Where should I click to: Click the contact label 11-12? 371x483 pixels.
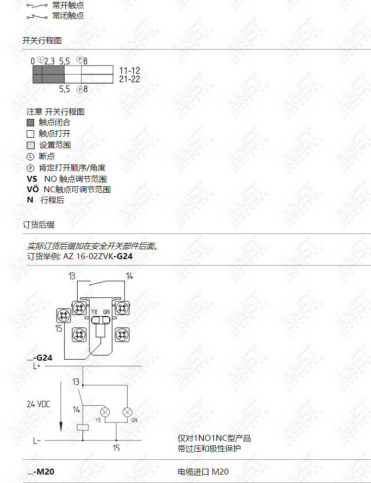[x=130, y=70]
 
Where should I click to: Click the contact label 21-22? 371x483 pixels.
[x=130, y=79]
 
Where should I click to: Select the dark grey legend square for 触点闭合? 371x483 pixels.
[x=31, y=122]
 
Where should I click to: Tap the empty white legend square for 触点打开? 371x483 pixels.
[x=31, y=134]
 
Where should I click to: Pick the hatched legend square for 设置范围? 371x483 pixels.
[x=31, y=145]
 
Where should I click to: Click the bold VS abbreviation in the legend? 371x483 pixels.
[x=32, y=179]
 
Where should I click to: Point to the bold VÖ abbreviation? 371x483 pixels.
[x=33, y=189]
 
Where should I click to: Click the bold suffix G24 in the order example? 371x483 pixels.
[x=125, y=256]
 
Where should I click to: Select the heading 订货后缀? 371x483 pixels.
[x=39, y=224]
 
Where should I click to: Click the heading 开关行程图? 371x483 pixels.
[x=42, y=40]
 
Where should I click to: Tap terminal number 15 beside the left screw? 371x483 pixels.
[x=59, y=328]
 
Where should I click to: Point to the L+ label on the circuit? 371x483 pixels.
[x=37, y=366]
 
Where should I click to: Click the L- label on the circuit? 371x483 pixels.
[x=37, y=441]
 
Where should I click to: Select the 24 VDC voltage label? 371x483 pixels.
[x=39, y=404]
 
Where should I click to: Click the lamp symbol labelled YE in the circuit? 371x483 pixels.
[x=105, y=412]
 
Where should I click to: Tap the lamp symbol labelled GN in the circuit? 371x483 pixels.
[x=127, y=412]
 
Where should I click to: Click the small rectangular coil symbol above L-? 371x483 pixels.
[x=83, y=427]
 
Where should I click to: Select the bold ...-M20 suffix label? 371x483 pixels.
[x=41, y=472]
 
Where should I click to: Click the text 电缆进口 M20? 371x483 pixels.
[x=203, y=472]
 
